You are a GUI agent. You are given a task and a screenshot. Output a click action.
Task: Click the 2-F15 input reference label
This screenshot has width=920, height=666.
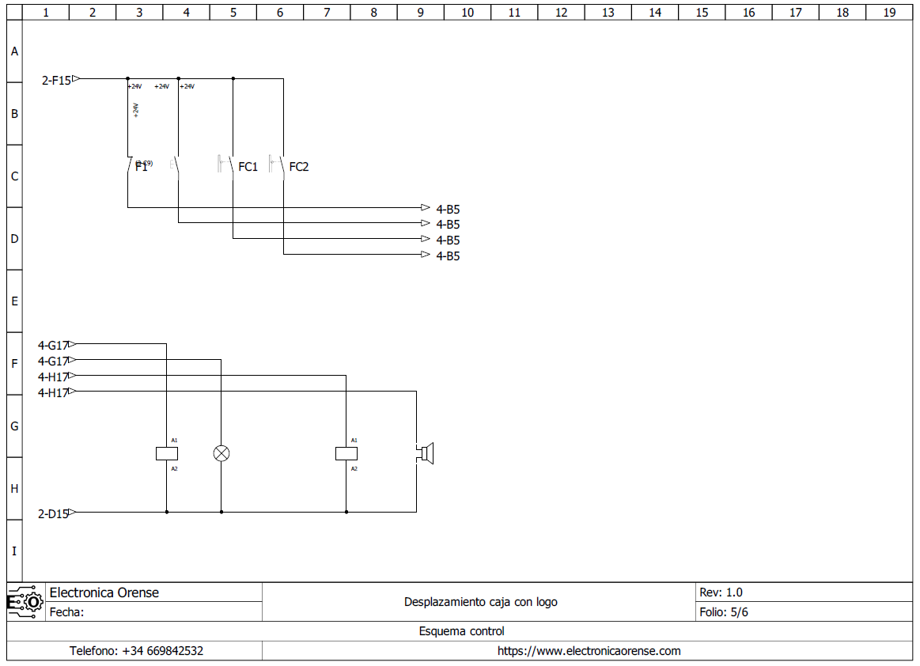pyautogui.click(x=56, y=80)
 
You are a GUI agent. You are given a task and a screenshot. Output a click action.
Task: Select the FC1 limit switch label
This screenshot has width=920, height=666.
pyautogui.click(x=248, y=167)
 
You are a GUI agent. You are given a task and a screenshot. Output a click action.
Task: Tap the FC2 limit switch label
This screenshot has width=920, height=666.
pyautogui.click(x=299, y=167)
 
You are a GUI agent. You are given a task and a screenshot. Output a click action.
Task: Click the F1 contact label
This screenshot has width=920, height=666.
pyautogui.click(x=141, y=167)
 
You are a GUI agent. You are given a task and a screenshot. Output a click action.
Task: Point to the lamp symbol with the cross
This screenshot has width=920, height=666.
pyautogui.click(x=221, y=453)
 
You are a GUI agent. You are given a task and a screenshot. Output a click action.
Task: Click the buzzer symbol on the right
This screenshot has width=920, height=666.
pyautogui.click(x=426, y=453)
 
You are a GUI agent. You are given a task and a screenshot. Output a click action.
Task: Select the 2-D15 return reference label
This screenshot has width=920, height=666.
pyautogui.click(x=53, y=513)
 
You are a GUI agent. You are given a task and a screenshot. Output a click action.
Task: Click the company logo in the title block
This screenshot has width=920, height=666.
pyautogui.click(x=25, y=602)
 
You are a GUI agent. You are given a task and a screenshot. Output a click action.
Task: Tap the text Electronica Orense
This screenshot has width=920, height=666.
pyautogui.click(x=104, y=592)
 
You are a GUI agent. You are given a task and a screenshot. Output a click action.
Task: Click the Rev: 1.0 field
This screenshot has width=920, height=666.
pyautogui.click(x=721, y=592)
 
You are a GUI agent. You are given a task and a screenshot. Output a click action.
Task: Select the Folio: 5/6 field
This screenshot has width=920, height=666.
pyautogui.click(x=724, y=612)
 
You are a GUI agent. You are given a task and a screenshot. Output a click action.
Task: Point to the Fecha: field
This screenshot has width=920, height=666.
pyautogui.click(x=67, y=612)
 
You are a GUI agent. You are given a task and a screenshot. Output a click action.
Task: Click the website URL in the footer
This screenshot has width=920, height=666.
pyautogui.click(x=589, y=651)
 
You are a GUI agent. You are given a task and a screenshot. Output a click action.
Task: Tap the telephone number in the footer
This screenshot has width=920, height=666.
pyautogui.click(x=136, y=651)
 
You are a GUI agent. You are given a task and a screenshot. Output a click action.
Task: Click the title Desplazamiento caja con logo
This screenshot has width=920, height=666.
pyautogui.click(x=480, y=602)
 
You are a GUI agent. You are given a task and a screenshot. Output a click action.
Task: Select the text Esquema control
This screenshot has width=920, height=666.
pyautogui.click(x=461, y=631)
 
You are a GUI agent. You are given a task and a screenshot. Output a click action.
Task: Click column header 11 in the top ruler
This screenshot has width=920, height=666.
pyautogui.click(x=514, y=13)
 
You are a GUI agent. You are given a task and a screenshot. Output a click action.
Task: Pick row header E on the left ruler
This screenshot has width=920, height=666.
pyautogui.click(x=14, y=301)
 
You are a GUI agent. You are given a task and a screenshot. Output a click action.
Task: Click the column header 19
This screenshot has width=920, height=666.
pyautogui.click(x=889, y=13)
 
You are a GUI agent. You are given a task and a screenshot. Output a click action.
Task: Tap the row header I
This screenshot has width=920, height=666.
pyautogui.click(x=14, y=551)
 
